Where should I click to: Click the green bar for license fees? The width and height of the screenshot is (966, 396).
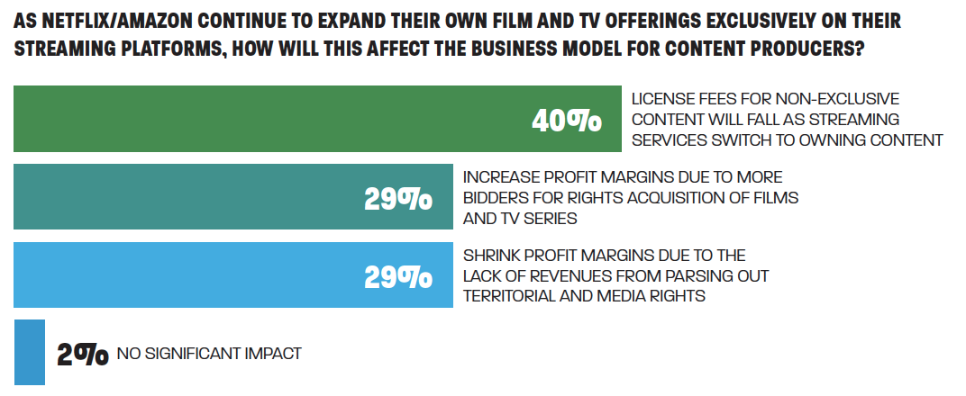tap(270, 119)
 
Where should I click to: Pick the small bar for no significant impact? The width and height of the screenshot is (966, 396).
tap(29, 352)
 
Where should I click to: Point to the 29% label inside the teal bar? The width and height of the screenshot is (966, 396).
tap(397, 199)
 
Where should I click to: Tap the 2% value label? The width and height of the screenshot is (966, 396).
tap(82, 355)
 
